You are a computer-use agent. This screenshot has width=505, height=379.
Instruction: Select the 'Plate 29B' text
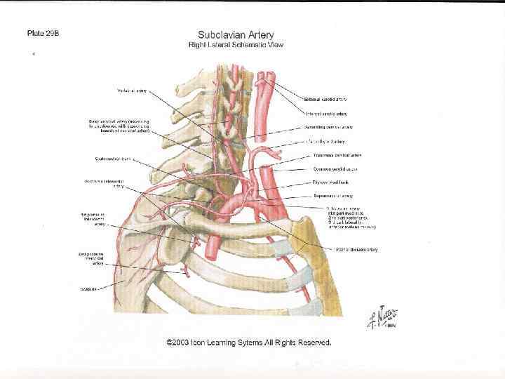click(x=43, y=33)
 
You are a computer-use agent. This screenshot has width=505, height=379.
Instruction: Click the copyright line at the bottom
click(x=248, y=343)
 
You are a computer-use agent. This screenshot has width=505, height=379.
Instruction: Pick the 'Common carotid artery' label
click(x=336, y=169)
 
